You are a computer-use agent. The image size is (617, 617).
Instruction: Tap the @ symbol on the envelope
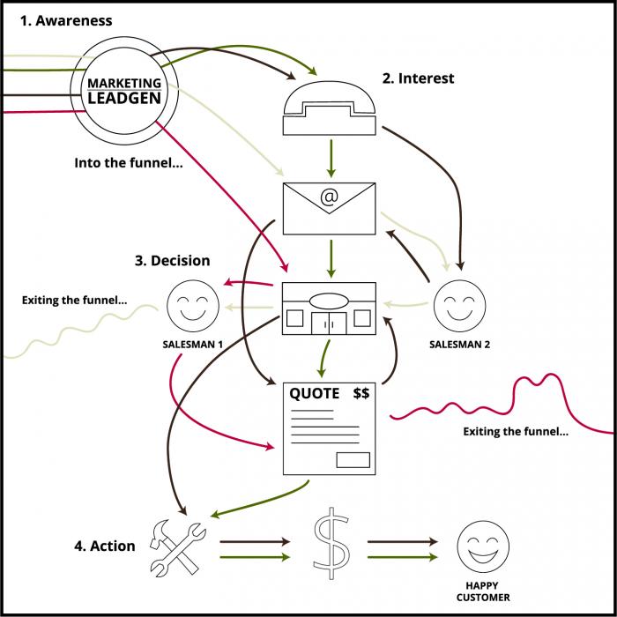coord(329,197)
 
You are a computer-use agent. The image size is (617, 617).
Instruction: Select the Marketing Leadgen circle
coord(124,90)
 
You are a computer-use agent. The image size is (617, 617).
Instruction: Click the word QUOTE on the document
coord(315,393)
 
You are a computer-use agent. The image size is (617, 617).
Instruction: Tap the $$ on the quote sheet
coord(361,393)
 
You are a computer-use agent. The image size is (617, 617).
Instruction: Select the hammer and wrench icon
coord(178,540)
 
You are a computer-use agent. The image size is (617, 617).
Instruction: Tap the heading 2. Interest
coord(418,78)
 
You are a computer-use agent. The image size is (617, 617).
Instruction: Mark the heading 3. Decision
coord(172,261)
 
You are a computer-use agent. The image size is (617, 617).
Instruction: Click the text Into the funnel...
coord(128,162)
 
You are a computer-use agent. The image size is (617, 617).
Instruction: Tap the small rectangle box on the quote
coord(353,458)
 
